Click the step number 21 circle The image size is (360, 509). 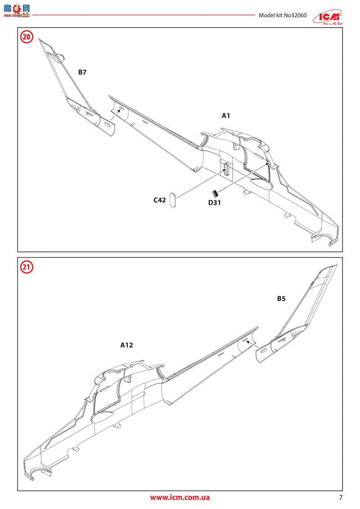coord(27,267)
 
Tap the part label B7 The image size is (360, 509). coord(82,72)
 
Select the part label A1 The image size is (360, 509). coord(226,116)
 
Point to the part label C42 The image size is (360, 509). coord(160,200)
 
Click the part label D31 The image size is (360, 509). coord(214,203)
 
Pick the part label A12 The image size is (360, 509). coord(127,345)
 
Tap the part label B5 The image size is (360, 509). coord(281,298)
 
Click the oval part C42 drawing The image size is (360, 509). coord(174,202)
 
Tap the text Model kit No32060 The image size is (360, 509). coord(283,15)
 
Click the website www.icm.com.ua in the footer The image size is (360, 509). coord(180,497)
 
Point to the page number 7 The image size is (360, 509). coord(341,497)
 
